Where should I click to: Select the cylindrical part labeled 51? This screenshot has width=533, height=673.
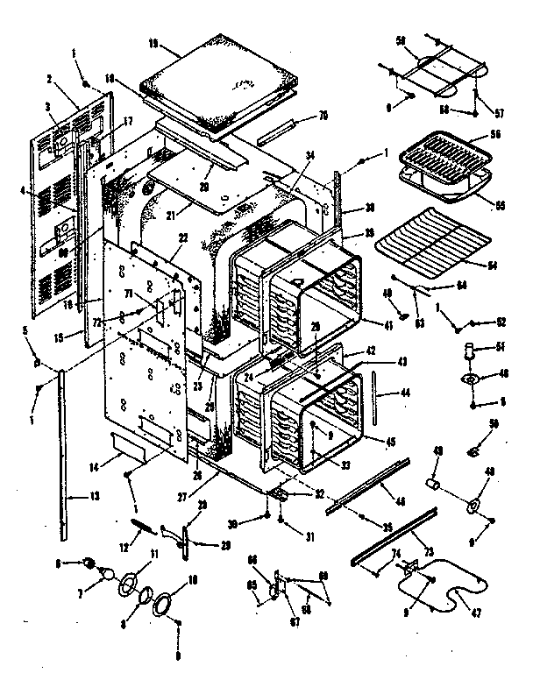click(x=473, y=352)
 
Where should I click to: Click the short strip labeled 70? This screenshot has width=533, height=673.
click(x=281, y=128)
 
